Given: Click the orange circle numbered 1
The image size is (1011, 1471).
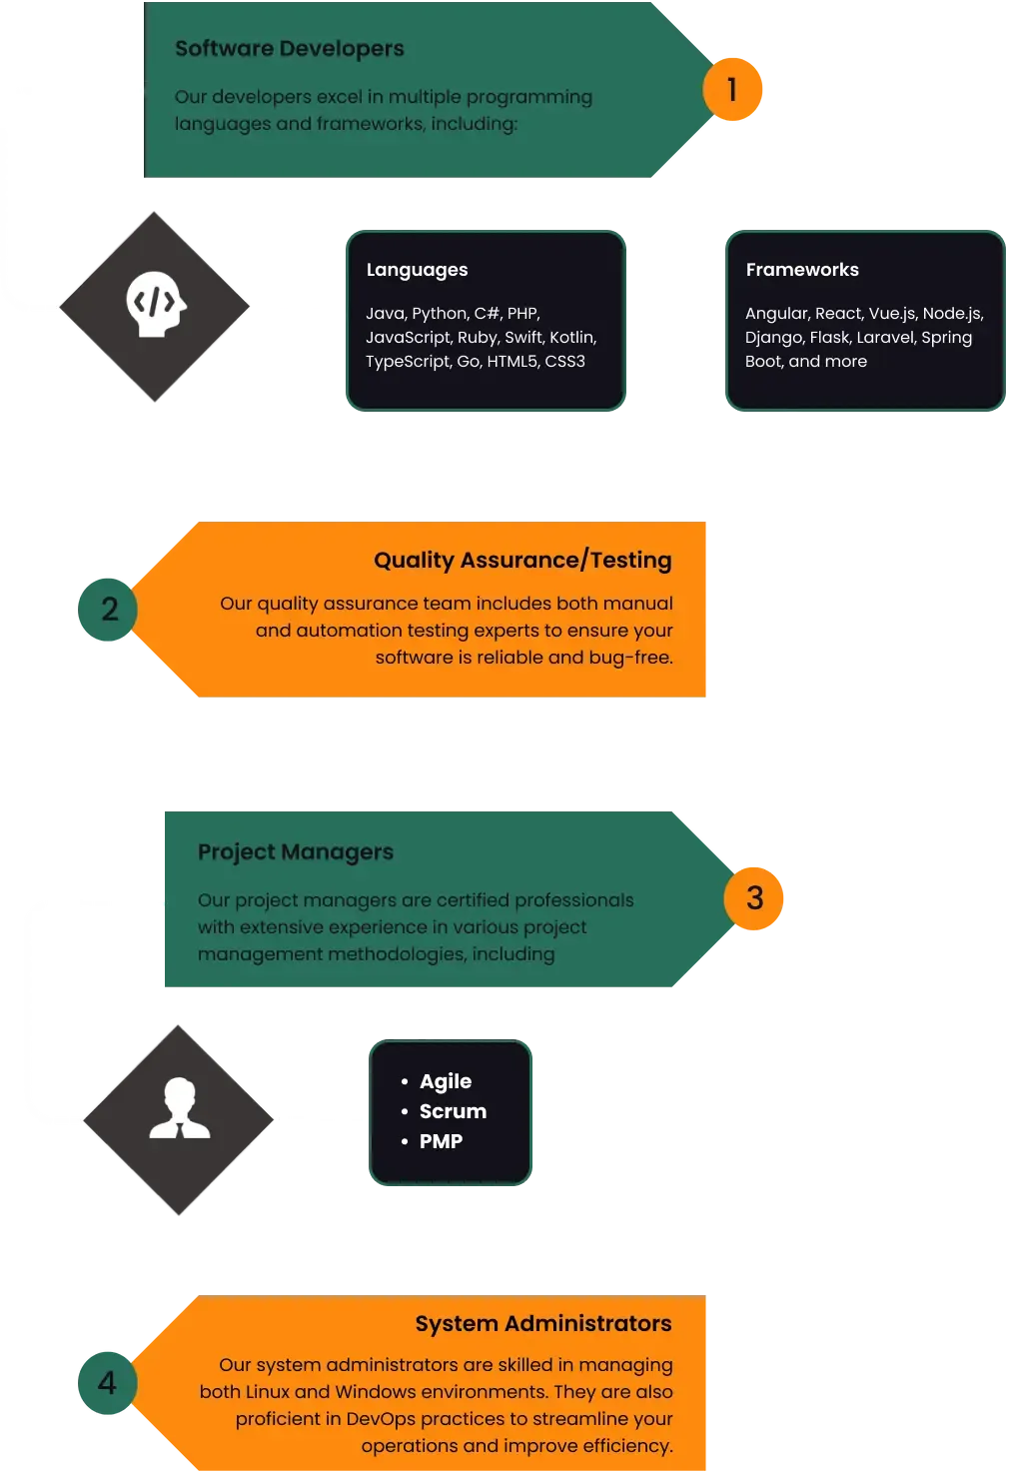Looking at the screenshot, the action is point(732,89).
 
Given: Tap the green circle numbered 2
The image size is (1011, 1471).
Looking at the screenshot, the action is point(108,610).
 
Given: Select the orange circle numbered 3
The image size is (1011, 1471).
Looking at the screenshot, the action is point(753,898).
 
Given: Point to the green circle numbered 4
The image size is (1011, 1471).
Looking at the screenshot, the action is point(108,1383).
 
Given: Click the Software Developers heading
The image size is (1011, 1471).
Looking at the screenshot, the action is point(290,49).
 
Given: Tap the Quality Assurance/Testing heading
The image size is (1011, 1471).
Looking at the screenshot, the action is point(523,561).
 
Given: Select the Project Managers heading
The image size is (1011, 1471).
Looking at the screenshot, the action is point(296,851).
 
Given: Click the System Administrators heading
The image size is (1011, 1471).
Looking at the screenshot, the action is point(543,1323).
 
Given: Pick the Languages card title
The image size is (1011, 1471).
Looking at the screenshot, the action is point(417,270).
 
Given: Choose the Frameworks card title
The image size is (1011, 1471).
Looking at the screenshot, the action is point(802,269).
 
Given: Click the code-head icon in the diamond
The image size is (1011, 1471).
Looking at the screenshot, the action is point(156,304).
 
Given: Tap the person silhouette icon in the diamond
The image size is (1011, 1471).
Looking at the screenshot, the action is point(180,1108).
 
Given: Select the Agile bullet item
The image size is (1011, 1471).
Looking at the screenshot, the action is point(446,1081).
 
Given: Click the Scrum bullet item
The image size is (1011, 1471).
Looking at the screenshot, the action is point(453,1111).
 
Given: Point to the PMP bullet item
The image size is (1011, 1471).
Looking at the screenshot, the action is point(442,1141).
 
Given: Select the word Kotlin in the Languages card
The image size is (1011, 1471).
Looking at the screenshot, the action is point(572,338).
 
